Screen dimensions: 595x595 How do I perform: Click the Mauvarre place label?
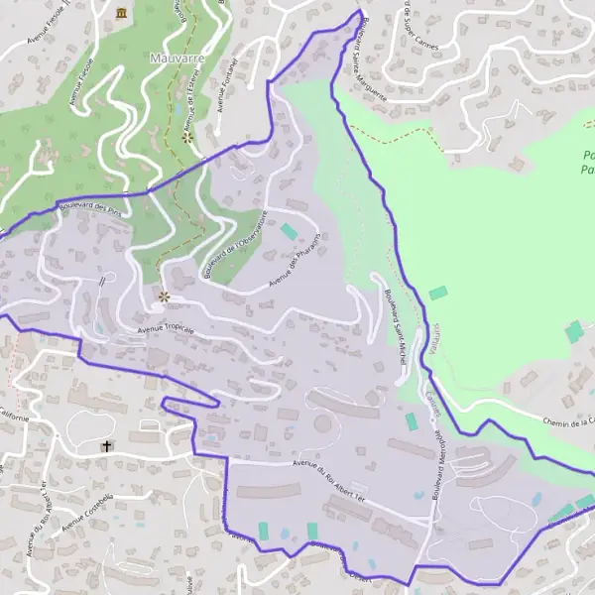(177, 59)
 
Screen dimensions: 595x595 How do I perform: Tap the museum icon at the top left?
(121, 13)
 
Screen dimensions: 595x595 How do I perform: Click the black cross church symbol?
(107, 446)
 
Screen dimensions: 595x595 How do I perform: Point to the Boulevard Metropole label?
(438, 462)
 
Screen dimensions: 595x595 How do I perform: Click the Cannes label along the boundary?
(431, 401)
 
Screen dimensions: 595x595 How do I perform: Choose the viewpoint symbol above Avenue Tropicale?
(164, 296)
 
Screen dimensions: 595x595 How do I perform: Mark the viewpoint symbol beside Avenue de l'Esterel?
(187, 138)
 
